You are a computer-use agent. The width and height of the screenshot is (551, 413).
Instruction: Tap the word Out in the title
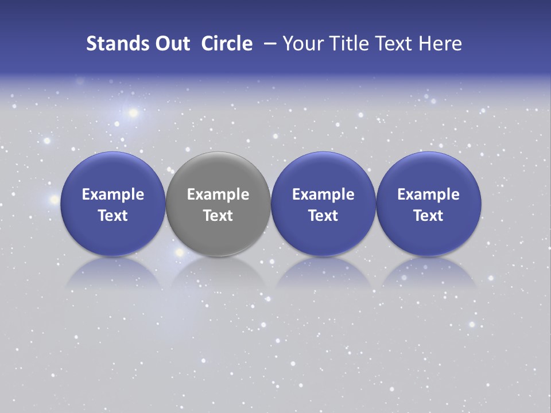coord(170,44)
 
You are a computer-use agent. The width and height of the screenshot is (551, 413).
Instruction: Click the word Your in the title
coord(302,44)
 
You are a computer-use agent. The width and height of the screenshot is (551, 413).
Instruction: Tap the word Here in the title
coord(441,44)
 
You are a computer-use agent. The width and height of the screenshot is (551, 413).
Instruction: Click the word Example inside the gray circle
coord(218,194)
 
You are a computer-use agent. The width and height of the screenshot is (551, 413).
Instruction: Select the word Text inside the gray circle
coord(218,216)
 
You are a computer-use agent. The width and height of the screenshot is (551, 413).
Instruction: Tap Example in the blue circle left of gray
coord(113,194)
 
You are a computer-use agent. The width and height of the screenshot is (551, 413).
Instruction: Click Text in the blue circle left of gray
coord(113,216)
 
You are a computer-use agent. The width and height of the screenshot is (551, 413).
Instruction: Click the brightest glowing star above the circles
coord(133,112)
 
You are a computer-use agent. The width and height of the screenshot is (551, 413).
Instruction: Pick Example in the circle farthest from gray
coord(429,194)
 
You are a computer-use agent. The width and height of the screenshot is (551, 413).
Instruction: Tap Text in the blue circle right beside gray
coord(323,216)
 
